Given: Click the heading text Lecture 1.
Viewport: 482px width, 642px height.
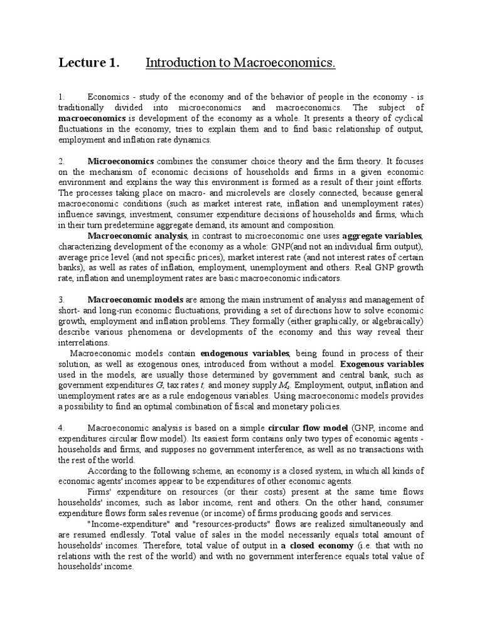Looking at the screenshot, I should (x=88, y=63).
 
